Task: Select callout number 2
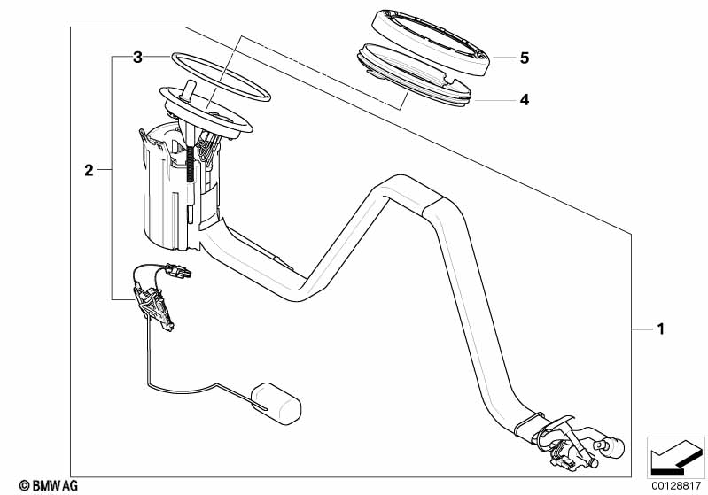[89, 170]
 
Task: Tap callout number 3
[137, 58]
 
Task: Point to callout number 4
[525, 100]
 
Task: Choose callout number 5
[525, 58]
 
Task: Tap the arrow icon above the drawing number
[676, 455]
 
